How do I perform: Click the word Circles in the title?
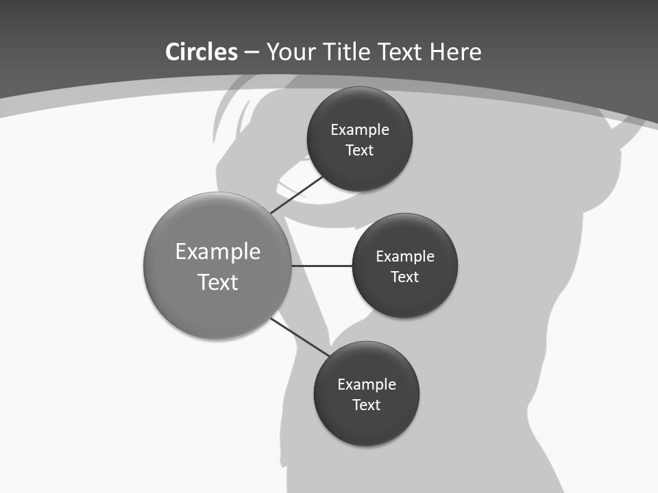tap(201, 52)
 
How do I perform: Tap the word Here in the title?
tap(456, 52)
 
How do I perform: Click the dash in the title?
tap(252, 53)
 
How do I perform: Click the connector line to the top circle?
tap(297, 194)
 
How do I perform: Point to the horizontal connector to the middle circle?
tap(321, 266)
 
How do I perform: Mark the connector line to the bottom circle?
tap(300, 338)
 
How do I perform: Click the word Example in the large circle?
tap(218, 252)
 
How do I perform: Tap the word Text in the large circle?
tap(218, 282)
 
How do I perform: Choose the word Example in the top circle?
tap(360, 130)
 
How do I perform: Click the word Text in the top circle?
tap(360, 150)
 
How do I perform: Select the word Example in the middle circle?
tap(405, 257)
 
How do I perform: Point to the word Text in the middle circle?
tap(405, 277)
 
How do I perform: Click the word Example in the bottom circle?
tap(367, 385)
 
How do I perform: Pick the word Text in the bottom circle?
tap(367, 405)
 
